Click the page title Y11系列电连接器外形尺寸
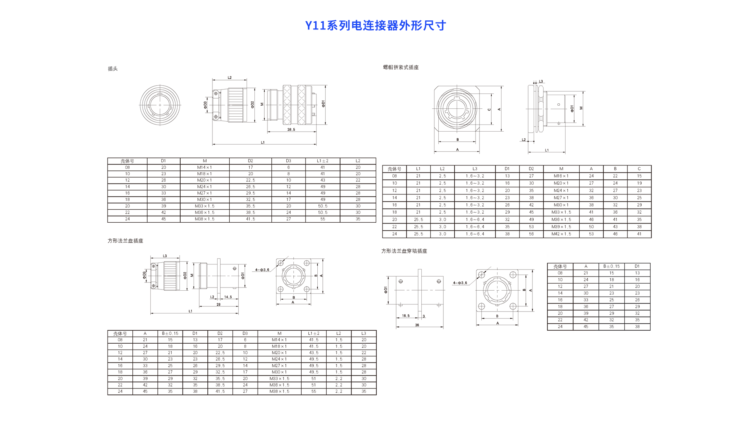[375, 26]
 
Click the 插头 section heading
[113, 69]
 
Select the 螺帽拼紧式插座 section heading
[401, 68]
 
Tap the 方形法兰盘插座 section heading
[125, 241]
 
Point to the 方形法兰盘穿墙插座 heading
[404, 251]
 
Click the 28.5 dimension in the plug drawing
[291, 130]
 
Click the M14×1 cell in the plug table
[204, 167]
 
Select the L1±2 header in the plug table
[322, 161]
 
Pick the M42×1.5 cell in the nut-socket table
[561, 234]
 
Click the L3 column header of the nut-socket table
[475, 169]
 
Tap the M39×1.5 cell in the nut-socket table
[561, 227]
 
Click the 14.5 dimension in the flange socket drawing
[228, 297]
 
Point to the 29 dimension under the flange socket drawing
[218, 304]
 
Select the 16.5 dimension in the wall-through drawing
[406, 316]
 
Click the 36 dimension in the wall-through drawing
[417, 325]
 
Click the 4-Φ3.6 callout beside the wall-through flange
[460, 283]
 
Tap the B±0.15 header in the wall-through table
[611, 266]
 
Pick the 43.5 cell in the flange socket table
[313, 353]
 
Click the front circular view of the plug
[160, 105]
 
